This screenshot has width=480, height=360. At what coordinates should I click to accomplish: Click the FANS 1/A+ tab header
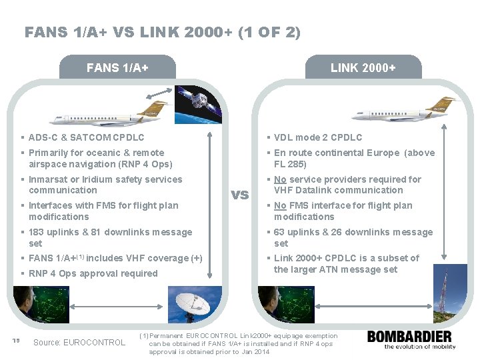click(117, 68)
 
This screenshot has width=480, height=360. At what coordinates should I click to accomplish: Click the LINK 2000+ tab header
click(363, 68)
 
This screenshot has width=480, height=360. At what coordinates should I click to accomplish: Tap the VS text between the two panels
click(239, 195)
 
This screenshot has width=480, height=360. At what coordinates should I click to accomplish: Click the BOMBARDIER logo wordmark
click(409, 336)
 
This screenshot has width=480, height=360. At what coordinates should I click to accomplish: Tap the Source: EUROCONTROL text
click(79, 343)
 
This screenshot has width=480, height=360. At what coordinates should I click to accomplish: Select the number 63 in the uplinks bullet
click(280, 232)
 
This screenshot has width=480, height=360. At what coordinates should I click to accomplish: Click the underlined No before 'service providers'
click(281, 179)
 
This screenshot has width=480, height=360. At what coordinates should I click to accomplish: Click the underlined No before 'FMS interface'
click(281, 205)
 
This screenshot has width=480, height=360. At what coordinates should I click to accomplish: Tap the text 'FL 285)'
click(290, 164)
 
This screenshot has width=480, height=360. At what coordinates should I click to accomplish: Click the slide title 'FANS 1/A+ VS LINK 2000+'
click(163, 31)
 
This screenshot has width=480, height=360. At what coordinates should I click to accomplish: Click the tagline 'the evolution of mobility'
click(412, 347)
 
